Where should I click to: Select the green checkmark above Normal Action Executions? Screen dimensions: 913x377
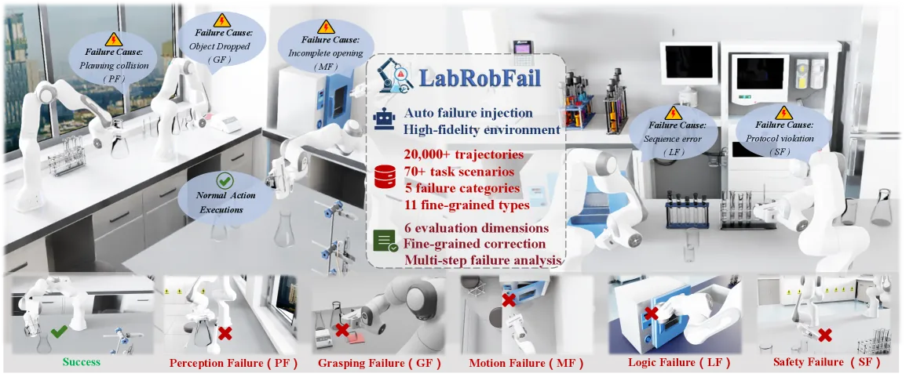pos(225,181)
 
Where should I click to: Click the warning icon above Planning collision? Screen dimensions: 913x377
pos(113,39)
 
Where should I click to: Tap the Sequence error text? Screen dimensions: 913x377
pos(669,140)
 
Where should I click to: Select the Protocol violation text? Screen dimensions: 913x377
pos(780,140)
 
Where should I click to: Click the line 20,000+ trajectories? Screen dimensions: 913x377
pos(463,156)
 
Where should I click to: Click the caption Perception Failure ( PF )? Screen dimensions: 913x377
pos(233,364)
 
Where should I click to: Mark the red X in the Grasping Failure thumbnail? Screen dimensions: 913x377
pos(341,330)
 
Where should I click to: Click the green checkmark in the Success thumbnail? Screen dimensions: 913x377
pos(59,333)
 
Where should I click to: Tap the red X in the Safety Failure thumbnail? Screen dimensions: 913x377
pos(824,335)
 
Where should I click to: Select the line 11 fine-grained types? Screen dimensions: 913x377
pos(466,205)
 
